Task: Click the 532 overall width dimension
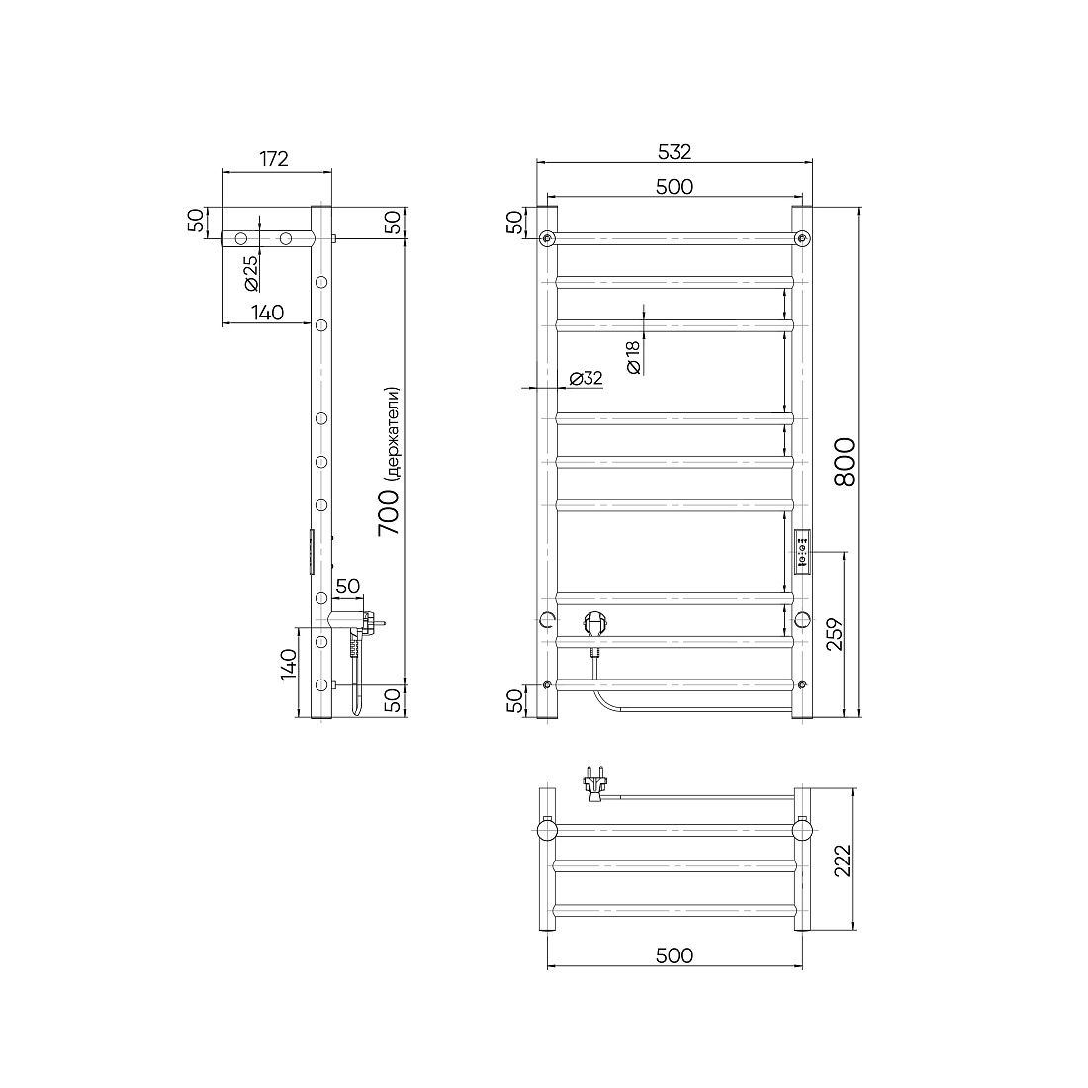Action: point(675,152)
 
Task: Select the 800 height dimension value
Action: point(844,462)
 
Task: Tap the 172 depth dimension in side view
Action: point(273,159)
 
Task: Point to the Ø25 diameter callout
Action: point(251,273)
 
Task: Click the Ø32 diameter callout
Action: point(586,378)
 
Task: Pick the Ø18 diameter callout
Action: point(633,357)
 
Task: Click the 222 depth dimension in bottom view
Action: point(842,861)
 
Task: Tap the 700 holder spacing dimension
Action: point(389,510)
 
